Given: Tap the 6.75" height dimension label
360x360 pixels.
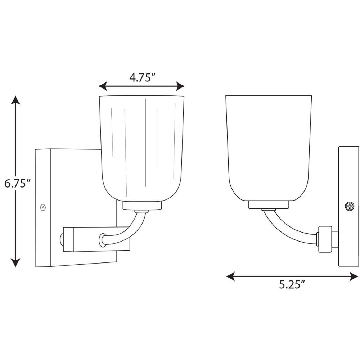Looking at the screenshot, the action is coord(18,184).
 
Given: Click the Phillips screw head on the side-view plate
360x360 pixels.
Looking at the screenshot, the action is coord(350,206).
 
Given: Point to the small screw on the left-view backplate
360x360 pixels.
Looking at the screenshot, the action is coord(43,207).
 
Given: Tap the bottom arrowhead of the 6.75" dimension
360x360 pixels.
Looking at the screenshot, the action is coord(15,263).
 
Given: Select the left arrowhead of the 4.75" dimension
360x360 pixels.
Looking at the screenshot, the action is coord(103,86).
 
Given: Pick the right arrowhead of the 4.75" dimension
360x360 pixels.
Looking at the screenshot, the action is coord(180,86).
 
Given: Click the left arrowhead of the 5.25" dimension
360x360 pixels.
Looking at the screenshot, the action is coord(230,276).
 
